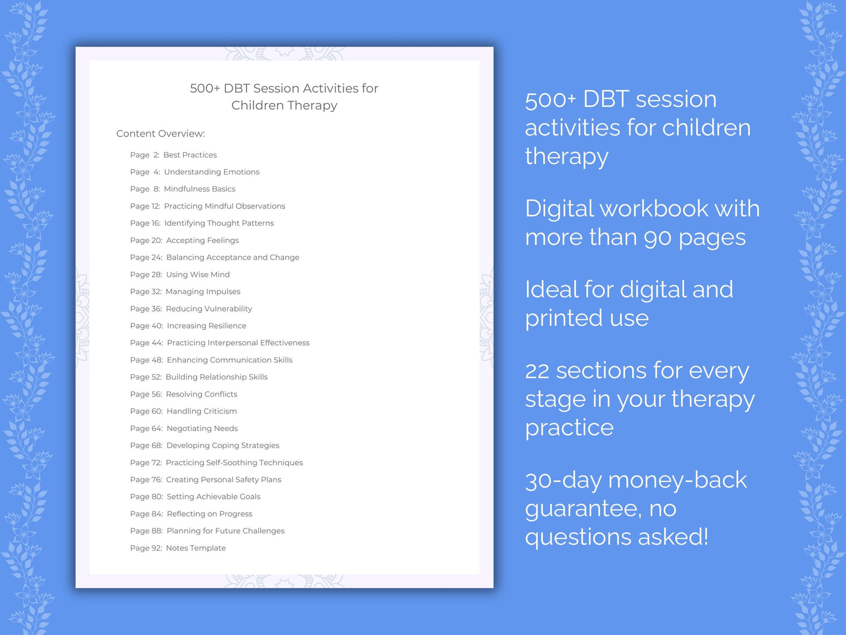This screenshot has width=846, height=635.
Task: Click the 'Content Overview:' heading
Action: pos(160,134)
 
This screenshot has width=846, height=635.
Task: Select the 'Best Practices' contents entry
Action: pos(190,155)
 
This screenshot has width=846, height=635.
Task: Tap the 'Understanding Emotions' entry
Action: pos(211,172)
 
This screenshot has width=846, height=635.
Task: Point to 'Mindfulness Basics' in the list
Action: pos(200,189)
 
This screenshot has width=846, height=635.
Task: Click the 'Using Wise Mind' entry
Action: pos(198,275)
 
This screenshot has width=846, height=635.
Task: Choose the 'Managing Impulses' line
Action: pos(203,292)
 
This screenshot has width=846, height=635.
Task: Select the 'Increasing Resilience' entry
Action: pos(207,326)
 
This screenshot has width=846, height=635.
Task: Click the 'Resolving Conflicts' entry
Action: pos(201,394)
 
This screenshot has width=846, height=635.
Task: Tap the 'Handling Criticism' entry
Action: pos(201,411)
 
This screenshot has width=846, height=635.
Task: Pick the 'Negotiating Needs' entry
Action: pos(202,429)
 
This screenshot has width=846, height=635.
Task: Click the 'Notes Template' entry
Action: pos(196,548)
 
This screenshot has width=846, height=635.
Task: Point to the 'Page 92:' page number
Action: pos(146,548)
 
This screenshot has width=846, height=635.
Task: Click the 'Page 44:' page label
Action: pos(146,343)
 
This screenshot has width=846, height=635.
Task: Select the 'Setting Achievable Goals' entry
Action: pos(213,497)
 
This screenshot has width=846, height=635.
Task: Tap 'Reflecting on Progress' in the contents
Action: pos(210,514)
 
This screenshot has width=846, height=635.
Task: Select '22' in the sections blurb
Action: pos(537,371)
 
